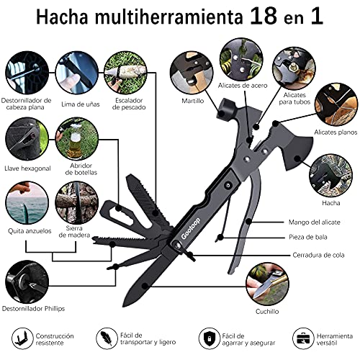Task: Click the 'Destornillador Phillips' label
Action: [32, 308]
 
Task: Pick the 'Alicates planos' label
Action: [336, 133]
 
